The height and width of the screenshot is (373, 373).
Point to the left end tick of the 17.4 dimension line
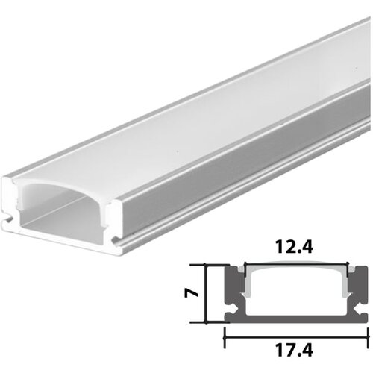click(x=225, y=336)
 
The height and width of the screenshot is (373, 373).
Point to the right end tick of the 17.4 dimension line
click(x=368, y=336)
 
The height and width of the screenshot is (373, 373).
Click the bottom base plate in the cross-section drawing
click(x=296, y=319)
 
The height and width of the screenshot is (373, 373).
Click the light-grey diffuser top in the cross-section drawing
click(x=296, y=268)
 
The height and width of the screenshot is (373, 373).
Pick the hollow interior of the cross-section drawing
click(x=296, y=295)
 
